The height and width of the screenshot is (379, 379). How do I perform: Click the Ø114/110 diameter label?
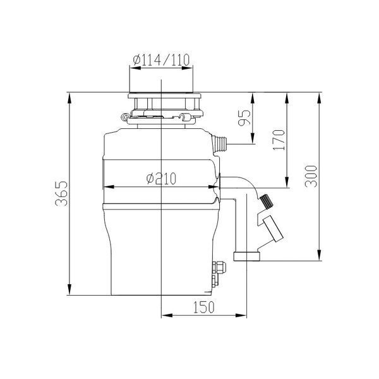pos(161,60)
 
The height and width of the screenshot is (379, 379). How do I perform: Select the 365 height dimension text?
pos(61,193)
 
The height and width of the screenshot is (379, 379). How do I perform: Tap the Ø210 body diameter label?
pos(161,179)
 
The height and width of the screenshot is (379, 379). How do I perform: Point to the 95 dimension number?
pos(244,118)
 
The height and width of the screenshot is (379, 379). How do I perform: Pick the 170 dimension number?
pos(279,140)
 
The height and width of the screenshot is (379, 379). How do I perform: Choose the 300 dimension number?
pos(311,176)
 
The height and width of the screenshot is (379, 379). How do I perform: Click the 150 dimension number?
pos(204,307)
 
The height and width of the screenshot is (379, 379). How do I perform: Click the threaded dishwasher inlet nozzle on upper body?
pos(220,144)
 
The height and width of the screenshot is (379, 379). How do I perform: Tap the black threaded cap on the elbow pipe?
pos(267,201)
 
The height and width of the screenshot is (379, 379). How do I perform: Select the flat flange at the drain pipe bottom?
pos(247,256)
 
